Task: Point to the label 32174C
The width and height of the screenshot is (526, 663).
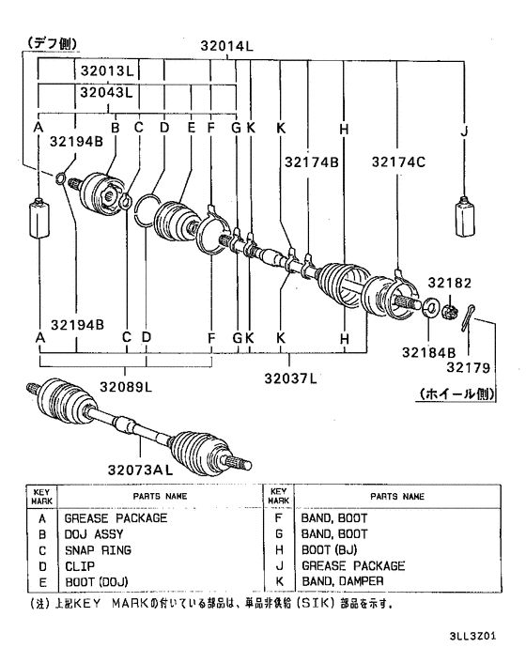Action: (x=397, y=162)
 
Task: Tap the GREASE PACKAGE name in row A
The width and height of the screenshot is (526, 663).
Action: (x=116, y=517)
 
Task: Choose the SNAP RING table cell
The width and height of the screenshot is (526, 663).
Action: (x=98, y=549)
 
